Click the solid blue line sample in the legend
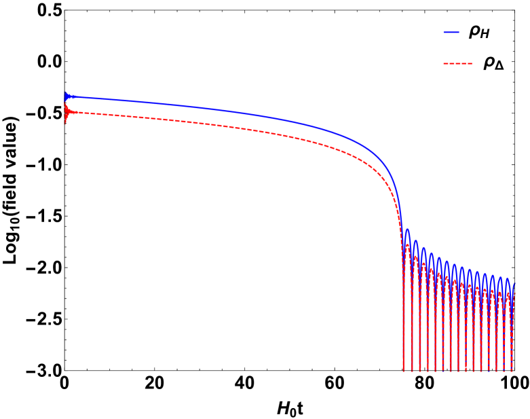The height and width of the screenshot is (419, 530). [x=451, y=32]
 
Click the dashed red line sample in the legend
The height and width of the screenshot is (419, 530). [x=457, y=63]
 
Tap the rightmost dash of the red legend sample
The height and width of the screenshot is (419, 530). [x=470, y=63]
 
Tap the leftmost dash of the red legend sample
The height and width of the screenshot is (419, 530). [x=445, y=63]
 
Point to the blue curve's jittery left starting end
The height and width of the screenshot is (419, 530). [x=65, y=96]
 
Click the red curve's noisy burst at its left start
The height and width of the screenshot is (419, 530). [x=65, y=112]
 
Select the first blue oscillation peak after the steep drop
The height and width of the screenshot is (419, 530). [x=407, y=230]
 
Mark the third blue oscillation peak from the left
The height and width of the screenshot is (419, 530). [x=423, y=249]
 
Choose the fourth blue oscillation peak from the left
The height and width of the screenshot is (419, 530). [x=432, y=254]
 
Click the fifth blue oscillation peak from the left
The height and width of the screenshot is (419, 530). [x=439, y=259]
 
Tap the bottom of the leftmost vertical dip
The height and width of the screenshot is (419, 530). [x=404, y=370]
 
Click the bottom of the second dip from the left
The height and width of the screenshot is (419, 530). [x=412, y=370]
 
